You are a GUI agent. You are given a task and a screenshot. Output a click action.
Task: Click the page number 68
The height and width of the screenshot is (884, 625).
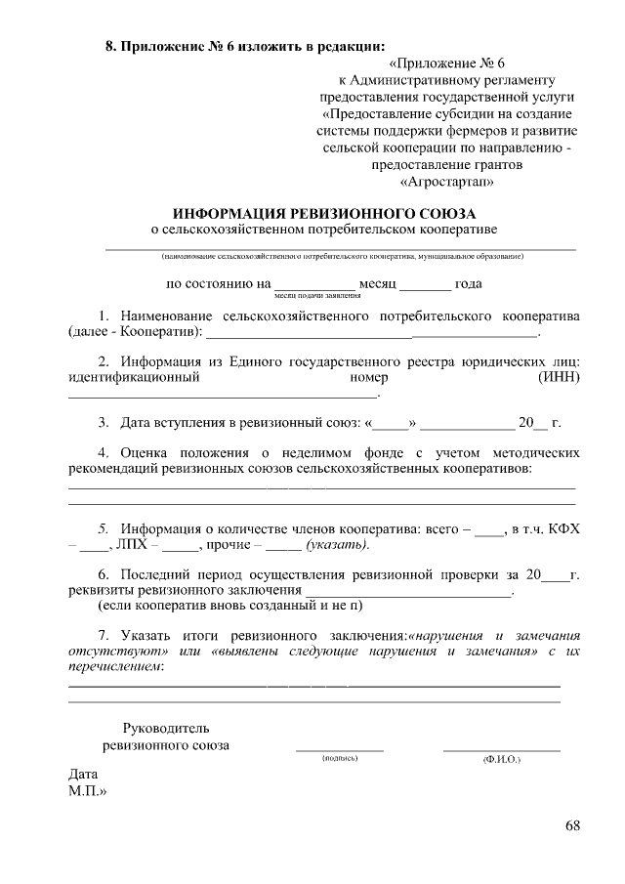coord(572,826)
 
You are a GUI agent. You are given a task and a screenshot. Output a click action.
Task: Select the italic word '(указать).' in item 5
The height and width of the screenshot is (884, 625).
coord(338,545)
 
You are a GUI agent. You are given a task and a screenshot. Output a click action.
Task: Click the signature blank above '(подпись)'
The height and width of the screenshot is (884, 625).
coord(340,748)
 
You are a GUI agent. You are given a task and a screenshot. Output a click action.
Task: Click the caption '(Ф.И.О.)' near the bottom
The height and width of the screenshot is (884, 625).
coord(501,759)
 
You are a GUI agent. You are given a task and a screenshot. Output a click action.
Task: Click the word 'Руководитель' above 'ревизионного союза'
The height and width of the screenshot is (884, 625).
coord(165,729)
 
